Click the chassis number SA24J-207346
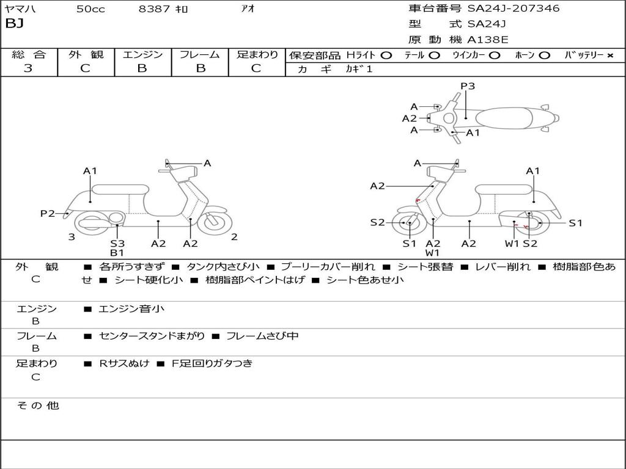tap(514, 8)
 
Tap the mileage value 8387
tap(154, 9)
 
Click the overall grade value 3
tap(28, 68)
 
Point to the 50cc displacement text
tap(90, 9)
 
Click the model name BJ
tap(15, 23)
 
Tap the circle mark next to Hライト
tap(386, 56)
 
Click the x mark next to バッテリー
tap(610, 56)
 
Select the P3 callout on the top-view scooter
tap(468, 85)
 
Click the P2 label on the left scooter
tap(47, 213)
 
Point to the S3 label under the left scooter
tap(117, 243)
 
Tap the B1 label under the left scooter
tap(117, 253)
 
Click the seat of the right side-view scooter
tap(504, 189)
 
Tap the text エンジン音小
tap(131, 308)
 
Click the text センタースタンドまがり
tap(152, 336)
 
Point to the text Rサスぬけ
tap(124, 363)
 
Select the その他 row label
tap(37, 405)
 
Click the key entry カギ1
tap(359, 69)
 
